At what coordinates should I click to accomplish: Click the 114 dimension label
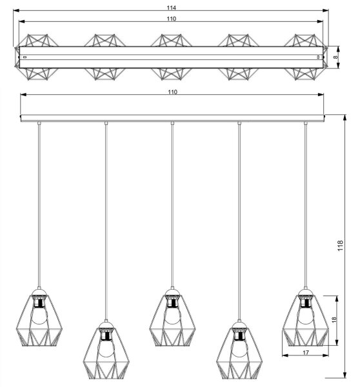pos(171,8)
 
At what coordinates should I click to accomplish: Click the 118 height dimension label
pos(340,246)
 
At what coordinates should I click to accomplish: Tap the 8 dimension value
pos(335,57)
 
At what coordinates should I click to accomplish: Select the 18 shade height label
pos(334,320)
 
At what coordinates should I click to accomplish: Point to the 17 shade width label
pos(305,353)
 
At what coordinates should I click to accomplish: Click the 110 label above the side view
pos(173,92)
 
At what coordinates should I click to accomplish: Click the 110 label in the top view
pos(171,19)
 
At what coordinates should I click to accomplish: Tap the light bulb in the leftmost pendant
pos(39,315)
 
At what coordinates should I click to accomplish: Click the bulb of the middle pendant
pos(172,315)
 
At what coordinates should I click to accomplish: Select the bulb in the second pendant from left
pos(106,348)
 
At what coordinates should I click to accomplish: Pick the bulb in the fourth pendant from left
pos(239,348)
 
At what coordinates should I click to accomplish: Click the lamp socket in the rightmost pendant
pos(306,301)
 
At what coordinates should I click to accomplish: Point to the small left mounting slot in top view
pos(25,57)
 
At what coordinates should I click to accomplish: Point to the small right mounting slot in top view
pos(318,57)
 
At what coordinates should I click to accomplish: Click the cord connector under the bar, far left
pos(39,123)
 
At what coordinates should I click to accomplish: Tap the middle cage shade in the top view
pos(172,57)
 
